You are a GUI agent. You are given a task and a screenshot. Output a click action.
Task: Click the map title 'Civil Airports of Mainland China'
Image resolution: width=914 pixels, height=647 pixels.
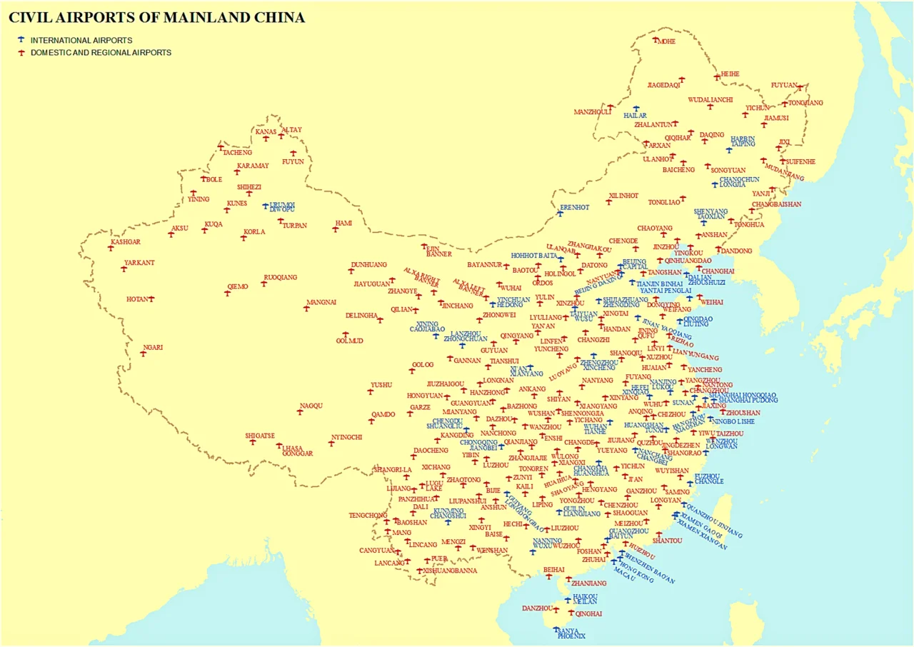pos(156,17)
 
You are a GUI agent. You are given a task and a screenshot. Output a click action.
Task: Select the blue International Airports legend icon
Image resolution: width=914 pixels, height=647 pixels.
pos(21,40)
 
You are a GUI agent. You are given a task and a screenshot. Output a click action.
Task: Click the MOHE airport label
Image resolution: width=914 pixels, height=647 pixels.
pos(666,41)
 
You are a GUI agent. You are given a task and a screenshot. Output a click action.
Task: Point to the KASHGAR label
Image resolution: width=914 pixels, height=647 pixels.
pos(125,242)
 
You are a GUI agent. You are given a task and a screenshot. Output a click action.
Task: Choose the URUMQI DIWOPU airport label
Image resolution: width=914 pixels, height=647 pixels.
pos(282,207)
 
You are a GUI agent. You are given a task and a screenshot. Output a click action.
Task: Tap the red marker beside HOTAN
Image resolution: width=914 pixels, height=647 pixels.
pos(151,299)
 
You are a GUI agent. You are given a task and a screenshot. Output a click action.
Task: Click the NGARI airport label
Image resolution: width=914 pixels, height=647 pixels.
pos(153,348)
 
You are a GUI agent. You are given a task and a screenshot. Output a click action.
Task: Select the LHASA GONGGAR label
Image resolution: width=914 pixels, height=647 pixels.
pos(297,451)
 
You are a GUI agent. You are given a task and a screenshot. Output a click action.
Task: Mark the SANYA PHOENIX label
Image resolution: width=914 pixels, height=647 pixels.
pos(571,633)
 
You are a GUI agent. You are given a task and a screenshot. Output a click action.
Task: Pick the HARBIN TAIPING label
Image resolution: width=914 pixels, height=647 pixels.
pos(743,141)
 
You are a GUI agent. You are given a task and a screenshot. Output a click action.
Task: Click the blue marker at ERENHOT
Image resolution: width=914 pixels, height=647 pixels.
pos(561,214)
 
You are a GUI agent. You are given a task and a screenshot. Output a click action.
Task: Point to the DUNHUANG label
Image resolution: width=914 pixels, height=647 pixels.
pos(368,265)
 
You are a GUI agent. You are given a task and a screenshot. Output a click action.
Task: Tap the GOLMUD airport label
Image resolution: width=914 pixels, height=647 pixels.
pos(350,341)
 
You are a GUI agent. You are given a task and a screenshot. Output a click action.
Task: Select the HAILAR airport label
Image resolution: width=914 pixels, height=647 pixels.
pos(635,115)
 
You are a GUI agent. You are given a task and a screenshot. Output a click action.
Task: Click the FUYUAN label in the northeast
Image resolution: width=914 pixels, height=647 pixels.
pos(783,85)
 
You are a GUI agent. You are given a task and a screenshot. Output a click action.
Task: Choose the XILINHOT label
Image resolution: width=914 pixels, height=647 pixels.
pos(623,195)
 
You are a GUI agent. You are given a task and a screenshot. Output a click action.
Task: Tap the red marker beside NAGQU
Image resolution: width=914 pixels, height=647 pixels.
pos(300,412)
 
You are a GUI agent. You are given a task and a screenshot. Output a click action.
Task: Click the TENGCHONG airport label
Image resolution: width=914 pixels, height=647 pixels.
pos(368,515)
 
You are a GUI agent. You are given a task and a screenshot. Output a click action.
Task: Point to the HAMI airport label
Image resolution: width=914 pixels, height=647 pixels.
pos(344,223)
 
